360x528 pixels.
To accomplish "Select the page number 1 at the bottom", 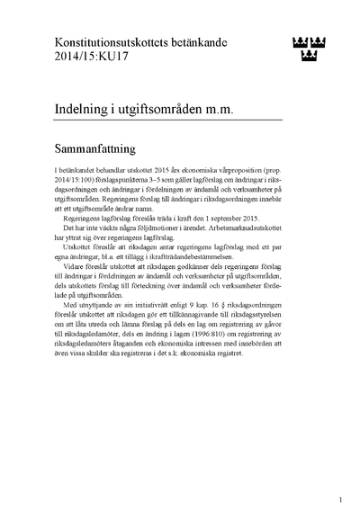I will pyautogui.click(x=340, y=498).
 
